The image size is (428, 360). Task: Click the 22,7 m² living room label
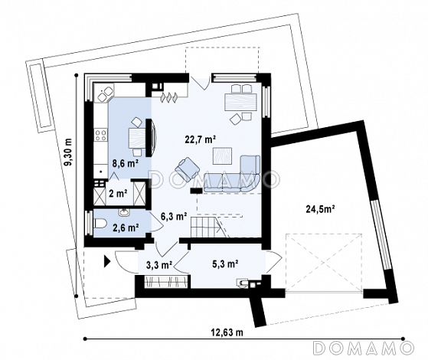click(201, 139)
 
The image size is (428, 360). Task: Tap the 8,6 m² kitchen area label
click(125, 164)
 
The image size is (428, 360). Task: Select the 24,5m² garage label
click(321, 209)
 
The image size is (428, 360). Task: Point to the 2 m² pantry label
click(118, 194)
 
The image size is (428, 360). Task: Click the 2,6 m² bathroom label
click(126, 227)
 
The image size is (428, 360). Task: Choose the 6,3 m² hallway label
click(174, 216)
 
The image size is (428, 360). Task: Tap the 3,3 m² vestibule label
click(159, 265)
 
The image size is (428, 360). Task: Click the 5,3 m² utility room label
click(225, 263)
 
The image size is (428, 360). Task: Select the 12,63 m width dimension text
click(227, 332)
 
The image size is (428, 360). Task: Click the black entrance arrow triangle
click(106, 261)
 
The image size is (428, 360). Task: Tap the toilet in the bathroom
click(100, 224)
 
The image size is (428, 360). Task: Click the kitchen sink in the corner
click(105, 93)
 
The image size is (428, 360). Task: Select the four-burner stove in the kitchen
click(100, 135)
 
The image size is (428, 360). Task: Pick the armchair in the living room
click(188, 168)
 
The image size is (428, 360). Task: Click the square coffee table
click(223, 156)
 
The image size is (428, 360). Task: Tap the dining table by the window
click(240, 102)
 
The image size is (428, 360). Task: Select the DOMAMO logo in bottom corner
click(364, 348)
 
